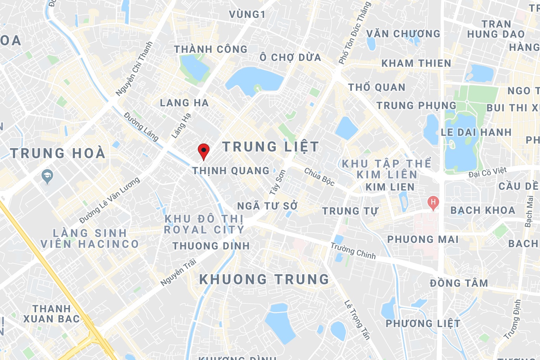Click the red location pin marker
tap(204, 151)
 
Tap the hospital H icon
tap(433, 202)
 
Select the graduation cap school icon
tap(47, 177)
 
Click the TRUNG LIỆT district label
tap(270, 147)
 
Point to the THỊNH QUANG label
tap(231, 171)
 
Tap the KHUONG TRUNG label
tap(264, 279)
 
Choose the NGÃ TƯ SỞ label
tap(267, 206)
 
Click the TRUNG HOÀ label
tap(58, 153)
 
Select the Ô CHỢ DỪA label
tap(291, 57)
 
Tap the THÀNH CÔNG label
tap(211, 49)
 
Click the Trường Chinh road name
tap(353, 251)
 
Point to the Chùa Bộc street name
tap(319, 177)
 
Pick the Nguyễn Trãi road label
tap(178, 272)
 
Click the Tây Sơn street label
tap(278, 182)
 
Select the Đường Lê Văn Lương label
tap(109, 201)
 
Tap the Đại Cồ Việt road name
tap(487, 172)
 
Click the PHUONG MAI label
tap(423, 239)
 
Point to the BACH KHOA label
tap(483, 210)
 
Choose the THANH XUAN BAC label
tap(52, 314)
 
